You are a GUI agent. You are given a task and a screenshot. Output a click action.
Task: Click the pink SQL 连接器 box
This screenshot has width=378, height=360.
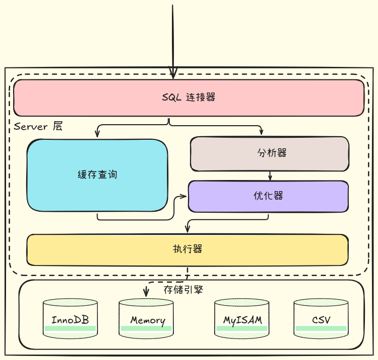tap(188, 98)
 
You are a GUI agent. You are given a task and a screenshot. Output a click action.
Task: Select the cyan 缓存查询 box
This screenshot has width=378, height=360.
tap(97, 175)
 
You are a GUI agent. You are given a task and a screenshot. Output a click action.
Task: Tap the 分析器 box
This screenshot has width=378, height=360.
tap(269, 153)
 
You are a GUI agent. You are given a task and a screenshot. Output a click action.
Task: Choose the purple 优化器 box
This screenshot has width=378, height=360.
tap(268, 196)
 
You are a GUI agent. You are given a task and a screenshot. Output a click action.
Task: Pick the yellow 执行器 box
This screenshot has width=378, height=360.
tap(187, 249)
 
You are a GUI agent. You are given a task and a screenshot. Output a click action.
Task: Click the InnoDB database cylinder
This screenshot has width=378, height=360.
tap(70, 319)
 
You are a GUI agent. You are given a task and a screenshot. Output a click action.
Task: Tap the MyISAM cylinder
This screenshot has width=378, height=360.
tap(242, 319)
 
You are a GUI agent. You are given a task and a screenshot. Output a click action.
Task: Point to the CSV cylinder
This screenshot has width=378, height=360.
tap(321, 319)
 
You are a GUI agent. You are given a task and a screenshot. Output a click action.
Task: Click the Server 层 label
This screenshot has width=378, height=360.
tap(38, 126)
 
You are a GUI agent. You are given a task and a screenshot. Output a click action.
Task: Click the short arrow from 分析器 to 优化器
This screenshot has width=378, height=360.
tap(270, 176)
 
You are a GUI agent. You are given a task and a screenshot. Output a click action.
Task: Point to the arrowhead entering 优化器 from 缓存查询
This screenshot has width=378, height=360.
tap(184, 197)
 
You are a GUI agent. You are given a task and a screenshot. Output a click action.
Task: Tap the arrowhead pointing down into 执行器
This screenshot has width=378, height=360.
tap(187, 230)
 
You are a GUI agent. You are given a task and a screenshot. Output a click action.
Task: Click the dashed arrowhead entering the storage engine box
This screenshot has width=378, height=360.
tap(146, 293)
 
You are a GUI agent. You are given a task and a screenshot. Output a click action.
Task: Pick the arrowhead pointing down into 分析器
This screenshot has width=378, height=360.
tap(261, 132)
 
